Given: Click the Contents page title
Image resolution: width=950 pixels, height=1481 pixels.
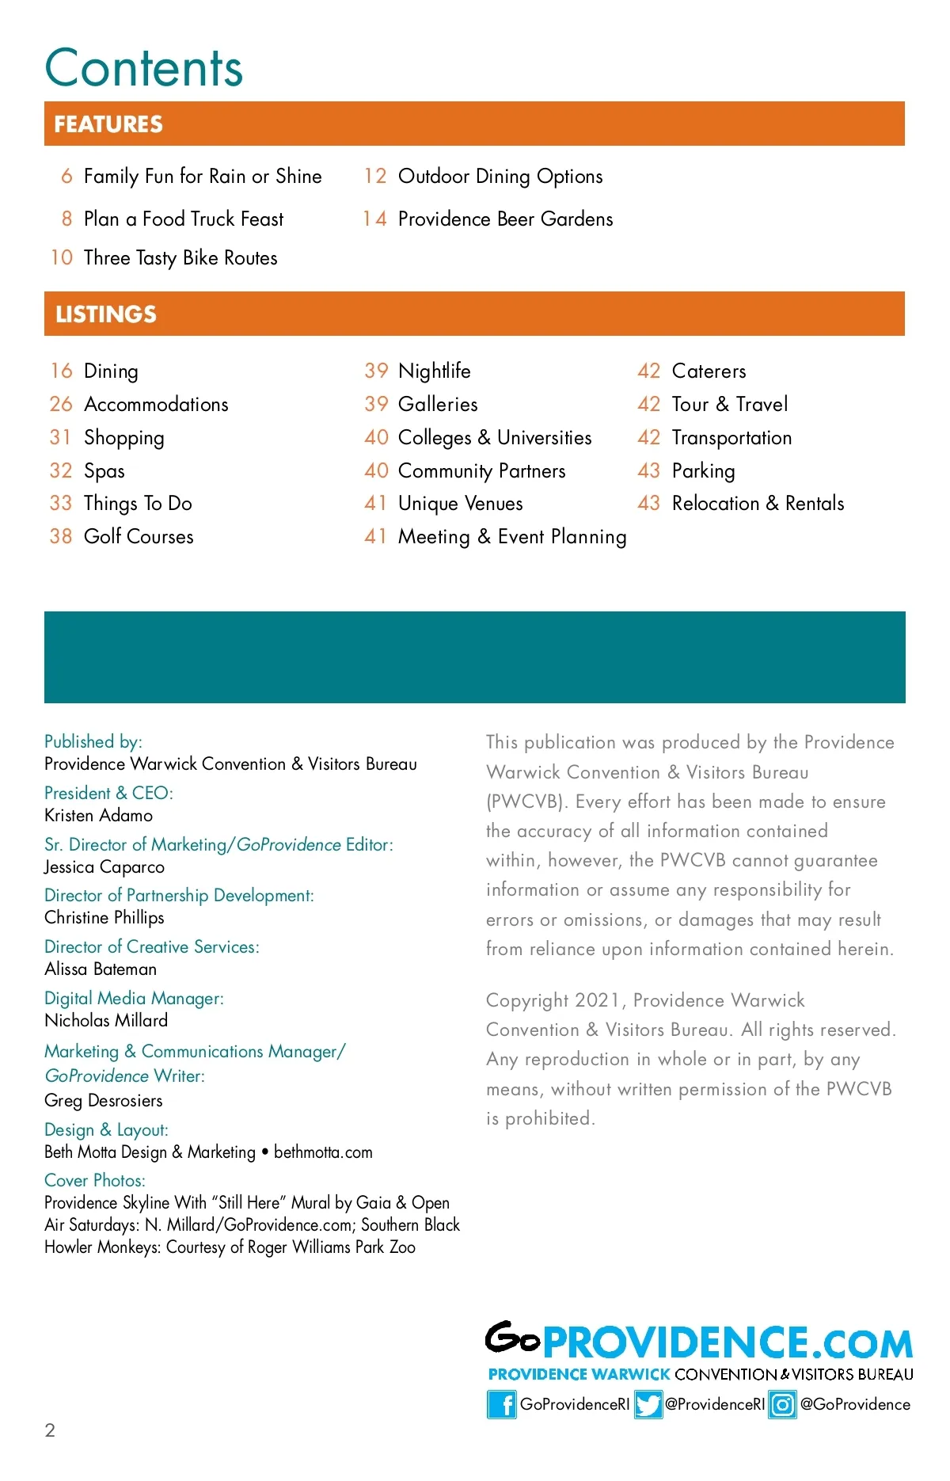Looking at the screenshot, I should (x=143, y=68).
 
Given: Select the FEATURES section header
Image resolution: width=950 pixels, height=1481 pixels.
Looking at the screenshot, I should (x=108, y=124).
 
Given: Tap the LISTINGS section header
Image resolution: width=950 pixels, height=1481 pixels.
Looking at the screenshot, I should (x=106, y=314).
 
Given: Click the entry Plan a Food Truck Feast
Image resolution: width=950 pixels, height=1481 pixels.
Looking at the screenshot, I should (x=183, y=219).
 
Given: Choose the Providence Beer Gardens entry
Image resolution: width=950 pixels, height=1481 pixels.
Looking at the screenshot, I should (x=505, y=219).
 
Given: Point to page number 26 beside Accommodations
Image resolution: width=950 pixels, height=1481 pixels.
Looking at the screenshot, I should (x=61, y=404).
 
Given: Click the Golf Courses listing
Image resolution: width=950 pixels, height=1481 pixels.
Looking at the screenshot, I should (x=139, y=536).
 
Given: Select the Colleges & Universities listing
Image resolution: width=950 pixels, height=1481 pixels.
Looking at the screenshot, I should (x=495, y=437).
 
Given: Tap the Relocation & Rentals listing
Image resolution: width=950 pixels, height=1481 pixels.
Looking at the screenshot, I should (x=758, y=503).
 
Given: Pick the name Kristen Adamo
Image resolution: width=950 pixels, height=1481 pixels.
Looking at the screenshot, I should (x=98, y=815).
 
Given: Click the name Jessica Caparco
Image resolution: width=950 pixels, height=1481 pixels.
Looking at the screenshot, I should (x=104, y=866).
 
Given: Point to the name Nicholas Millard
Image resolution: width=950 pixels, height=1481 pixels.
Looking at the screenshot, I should (x=106, y=1020).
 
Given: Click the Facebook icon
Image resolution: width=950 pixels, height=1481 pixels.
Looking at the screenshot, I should (x=501, y=1404).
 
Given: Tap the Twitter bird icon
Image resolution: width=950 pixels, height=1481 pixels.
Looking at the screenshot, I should (x=648, y=1404).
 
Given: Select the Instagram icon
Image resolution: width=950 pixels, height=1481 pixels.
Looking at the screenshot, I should (x=782, y=1404).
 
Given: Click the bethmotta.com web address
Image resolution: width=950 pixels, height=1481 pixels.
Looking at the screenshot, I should (x=323, y=1152).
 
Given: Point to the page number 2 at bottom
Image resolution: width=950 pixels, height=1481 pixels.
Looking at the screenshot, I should (x=50, y=1430).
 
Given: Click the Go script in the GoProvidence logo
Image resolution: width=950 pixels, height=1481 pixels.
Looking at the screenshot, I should (x=512, y=1338).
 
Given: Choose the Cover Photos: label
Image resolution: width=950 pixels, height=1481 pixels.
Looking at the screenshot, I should (x=95, y=1180).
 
